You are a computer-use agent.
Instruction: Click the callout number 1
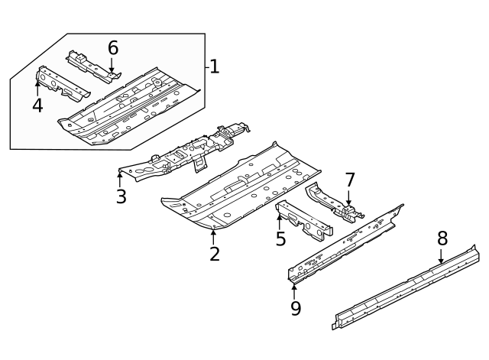[215, 67]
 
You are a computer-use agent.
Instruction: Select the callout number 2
[215, 254]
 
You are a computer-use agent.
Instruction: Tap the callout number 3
[121, 196]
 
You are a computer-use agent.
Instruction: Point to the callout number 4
[37, 105]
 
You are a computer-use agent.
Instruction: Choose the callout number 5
[281, 238]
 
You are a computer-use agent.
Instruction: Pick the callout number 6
[113, 47]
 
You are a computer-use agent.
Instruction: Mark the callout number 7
[350, 180]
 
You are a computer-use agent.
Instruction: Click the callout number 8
[442, 238]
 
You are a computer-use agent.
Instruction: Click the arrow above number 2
[213, 235]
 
